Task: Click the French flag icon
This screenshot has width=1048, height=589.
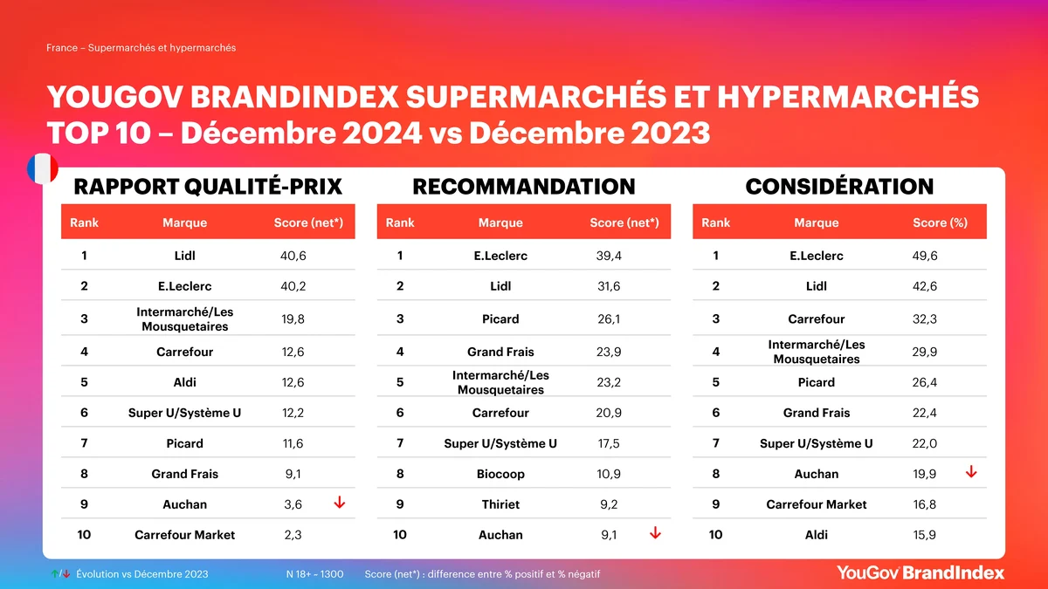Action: coord(42,169)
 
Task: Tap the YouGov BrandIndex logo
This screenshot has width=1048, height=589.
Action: coord(920,572)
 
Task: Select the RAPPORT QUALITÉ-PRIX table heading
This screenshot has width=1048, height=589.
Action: coord(208,187)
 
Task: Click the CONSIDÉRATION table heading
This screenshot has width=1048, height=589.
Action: coord(839,187)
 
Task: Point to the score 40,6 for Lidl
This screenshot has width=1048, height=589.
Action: coord(293,256)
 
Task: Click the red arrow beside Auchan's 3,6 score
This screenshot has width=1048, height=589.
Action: coord(339,503)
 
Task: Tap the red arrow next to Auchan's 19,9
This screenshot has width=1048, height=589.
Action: coord(970,472)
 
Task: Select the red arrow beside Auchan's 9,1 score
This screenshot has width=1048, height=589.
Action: coord(655,533)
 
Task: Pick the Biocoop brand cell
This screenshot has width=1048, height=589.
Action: coord(500,474)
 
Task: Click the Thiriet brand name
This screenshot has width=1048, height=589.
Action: coord(500,504)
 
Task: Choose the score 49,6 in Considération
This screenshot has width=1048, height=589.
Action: coord(925,256)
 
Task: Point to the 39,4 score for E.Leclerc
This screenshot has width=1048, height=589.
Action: coord(609,256)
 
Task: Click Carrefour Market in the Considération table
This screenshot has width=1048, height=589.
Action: coord(817,504)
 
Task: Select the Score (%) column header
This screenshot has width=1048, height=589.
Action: coord(940,223)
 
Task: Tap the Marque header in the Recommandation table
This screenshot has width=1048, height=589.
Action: coord(500,223)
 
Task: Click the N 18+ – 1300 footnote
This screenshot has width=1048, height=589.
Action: coord(314,574)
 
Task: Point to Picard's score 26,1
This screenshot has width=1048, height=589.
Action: coord(609,319)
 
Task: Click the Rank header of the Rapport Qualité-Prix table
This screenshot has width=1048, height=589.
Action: coord(84,223)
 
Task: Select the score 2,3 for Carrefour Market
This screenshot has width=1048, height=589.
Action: coord(293,535)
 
